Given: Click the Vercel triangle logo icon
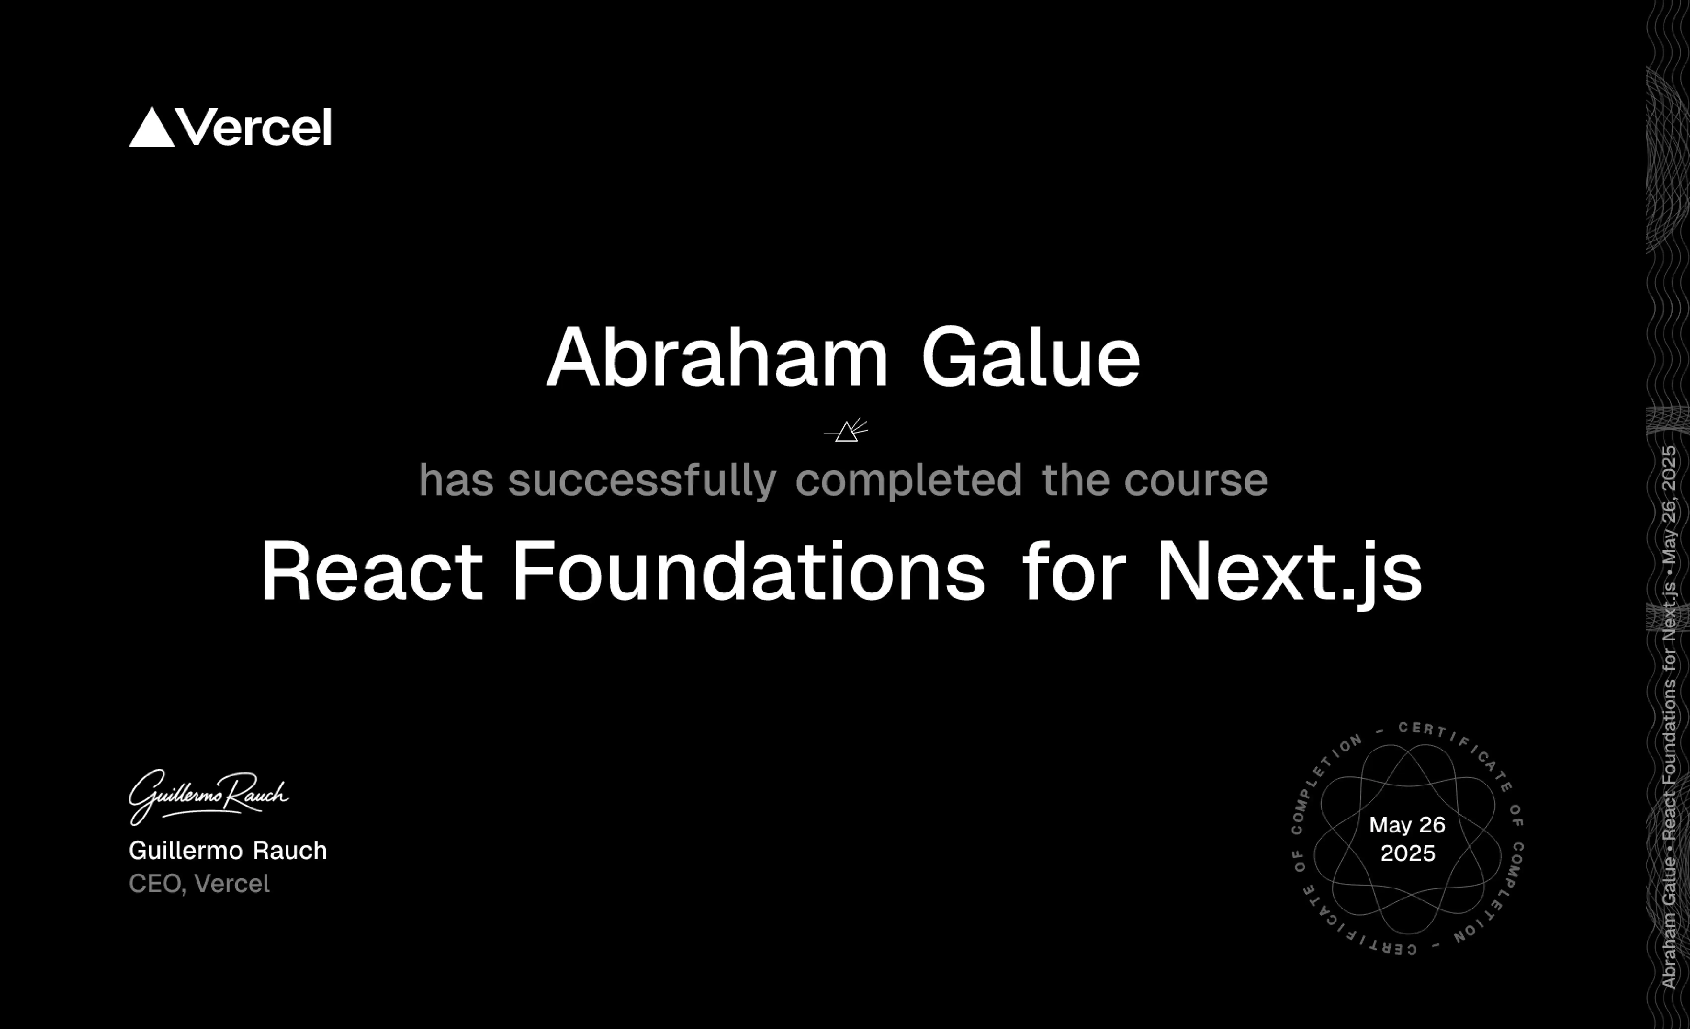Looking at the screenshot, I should (152, 128).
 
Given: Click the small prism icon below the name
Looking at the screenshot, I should (846, 431).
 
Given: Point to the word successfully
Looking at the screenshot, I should (642, 480).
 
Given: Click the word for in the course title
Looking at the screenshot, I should (1074, 572).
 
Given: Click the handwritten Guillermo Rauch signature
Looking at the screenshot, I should (208, 796).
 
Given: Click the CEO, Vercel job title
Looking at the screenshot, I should (199, 884).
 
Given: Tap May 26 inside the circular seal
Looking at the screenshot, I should (1407, 825).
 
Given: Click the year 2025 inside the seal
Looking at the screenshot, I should (1407, 853).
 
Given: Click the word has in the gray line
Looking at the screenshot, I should (456, 480).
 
